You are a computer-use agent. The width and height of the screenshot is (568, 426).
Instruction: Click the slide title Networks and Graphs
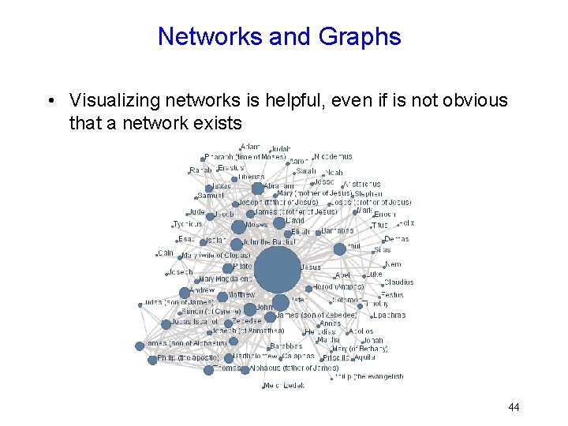click(279, 36)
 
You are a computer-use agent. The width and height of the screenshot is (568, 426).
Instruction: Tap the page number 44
click(514, 407)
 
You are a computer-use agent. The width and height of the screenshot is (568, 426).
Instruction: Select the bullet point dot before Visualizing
click(50, 101)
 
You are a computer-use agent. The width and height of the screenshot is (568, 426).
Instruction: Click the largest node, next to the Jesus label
click(277, 269)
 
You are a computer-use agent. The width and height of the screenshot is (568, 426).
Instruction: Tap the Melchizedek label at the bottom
click(284, 385)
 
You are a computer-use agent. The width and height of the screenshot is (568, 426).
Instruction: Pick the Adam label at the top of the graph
click(250, 147)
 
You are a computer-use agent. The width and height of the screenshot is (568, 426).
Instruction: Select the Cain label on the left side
click(166, 253)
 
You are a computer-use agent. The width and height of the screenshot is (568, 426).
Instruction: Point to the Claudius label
click(398, 282)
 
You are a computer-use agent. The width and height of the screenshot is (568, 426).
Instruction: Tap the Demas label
click(397, 239)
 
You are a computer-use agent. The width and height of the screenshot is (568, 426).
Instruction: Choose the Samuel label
click(211, 196)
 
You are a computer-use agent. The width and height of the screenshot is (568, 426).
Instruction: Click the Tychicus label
click(188, 224)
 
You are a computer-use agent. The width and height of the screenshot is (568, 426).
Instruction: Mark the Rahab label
click(200, 170)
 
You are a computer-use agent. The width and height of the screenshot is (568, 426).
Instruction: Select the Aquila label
click(365, 357)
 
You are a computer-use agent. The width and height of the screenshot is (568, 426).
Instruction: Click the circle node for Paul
click(339, 249)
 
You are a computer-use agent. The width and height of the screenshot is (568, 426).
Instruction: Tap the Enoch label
click(385, 214)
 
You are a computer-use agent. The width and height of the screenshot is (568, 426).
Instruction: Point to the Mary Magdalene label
click(226, 278)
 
